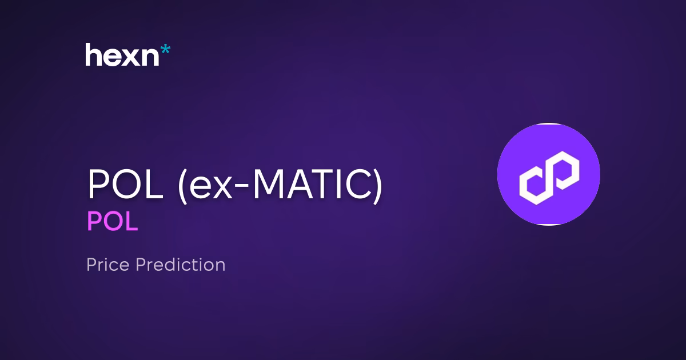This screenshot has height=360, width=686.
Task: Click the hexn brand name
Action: pos(123,55)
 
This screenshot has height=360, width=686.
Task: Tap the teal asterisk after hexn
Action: pos(165,50)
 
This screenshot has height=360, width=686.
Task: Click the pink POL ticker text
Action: pos(112,222)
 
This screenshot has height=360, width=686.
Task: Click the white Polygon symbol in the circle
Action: pos(548,174)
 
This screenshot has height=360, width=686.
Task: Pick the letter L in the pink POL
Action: pos(131,222)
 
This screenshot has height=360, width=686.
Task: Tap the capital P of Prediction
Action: pos(141,265)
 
